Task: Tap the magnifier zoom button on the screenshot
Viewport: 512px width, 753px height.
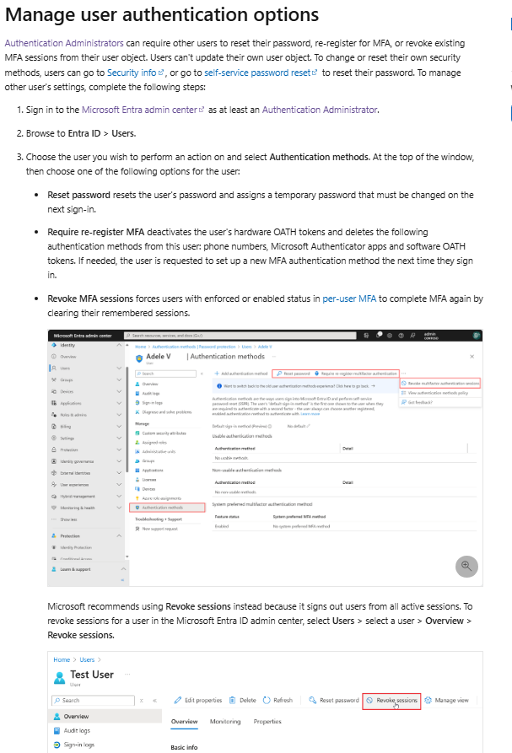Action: pyautogui.click(x=466, y=566)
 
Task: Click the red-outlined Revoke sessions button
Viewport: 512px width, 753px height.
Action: pyautogui.click(x=391, y=700)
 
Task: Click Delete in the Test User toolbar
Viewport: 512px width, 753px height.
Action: pyautogui.click(x=243, y=700)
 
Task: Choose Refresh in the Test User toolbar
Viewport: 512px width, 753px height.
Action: pyautogui.click(x=278, y=700)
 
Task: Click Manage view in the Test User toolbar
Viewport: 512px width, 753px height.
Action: pyautogui.click(x=451, y=700)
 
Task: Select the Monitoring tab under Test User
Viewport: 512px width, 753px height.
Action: pyautogui.click(x=225, y=722)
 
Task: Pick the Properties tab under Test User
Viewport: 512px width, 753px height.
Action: pyautogui.click(x=267, y=722)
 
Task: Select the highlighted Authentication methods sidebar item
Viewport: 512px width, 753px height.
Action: pyautogui.click(x=168, y=508)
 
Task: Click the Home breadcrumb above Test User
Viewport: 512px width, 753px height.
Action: pyautogui.click(x=61, y=659)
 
